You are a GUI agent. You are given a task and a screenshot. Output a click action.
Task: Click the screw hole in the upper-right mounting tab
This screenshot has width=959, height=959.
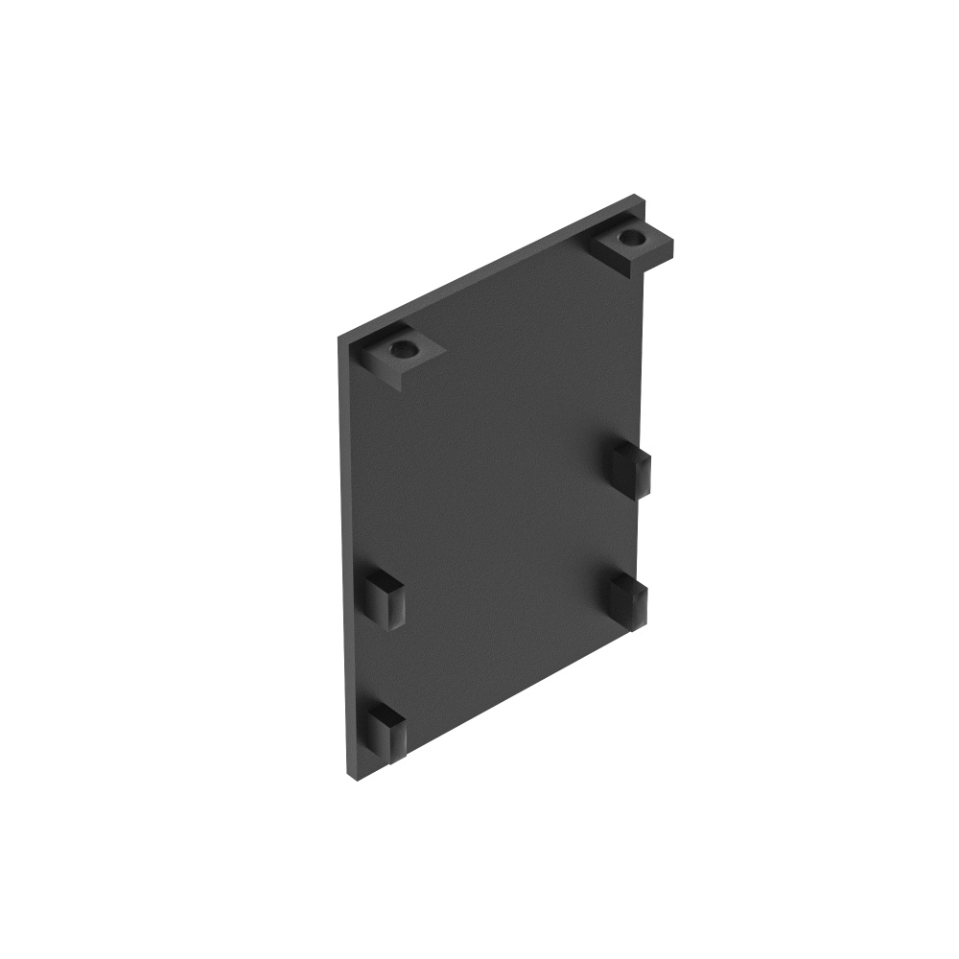click(630, 236)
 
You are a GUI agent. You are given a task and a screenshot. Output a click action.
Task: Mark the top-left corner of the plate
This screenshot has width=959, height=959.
click(339, 338)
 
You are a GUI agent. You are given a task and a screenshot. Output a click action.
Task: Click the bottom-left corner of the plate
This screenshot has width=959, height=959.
click(347, 772)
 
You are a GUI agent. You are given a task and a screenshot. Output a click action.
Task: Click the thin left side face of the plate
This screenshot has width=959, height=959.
click(342, 556)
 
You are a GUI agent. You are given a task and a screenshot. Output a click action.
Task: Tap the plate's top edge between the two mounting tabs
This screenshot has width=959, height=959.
click(499, 270)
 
